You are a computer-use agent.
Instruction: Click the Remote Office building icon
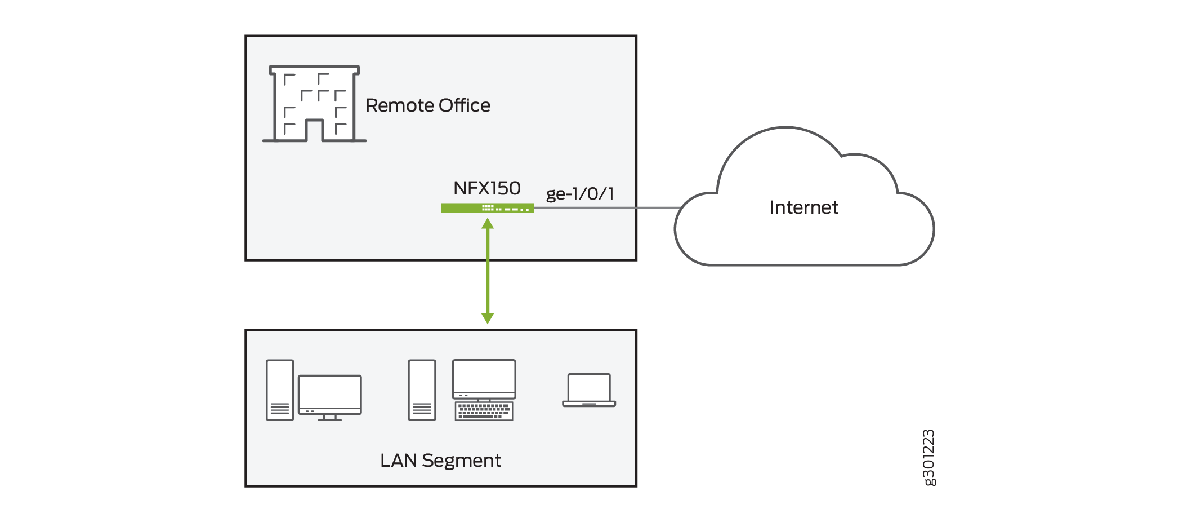pos(314,104)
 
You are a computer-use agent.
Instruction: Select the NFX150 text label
pos(486,188)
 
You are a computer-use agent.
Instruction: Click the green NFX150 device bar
pos(486,208)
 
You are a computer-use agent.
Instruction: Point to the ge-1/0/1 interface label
pos(579,194)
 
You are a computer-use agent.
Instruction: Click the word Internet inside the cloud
pos(803,207)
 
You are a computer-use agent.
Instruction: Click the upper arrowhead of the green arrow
pos(488,224)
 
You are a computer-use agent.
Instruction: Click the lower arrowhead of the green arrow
pos(488,318)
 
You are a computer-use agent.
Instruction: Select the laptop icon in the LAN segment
pos(589,390)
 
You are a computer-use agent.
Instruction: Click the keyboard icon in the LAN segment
pos(484,412)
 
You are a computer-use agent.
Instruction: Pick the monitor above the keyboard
pos(484,379)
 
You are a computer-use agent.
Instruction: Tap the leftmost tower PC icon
pos(280,390)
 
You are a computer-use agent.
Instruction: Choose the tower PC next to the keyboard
pos(422,390)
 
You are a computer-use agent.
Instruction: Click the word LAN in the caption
pos(398,461)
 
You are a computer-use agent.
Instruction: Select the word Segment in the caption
pos(461,461)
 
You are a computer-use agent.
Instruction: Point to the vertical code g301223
pos(928,457)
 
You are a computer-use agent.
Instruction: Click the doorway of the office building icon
pos(314,131)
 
